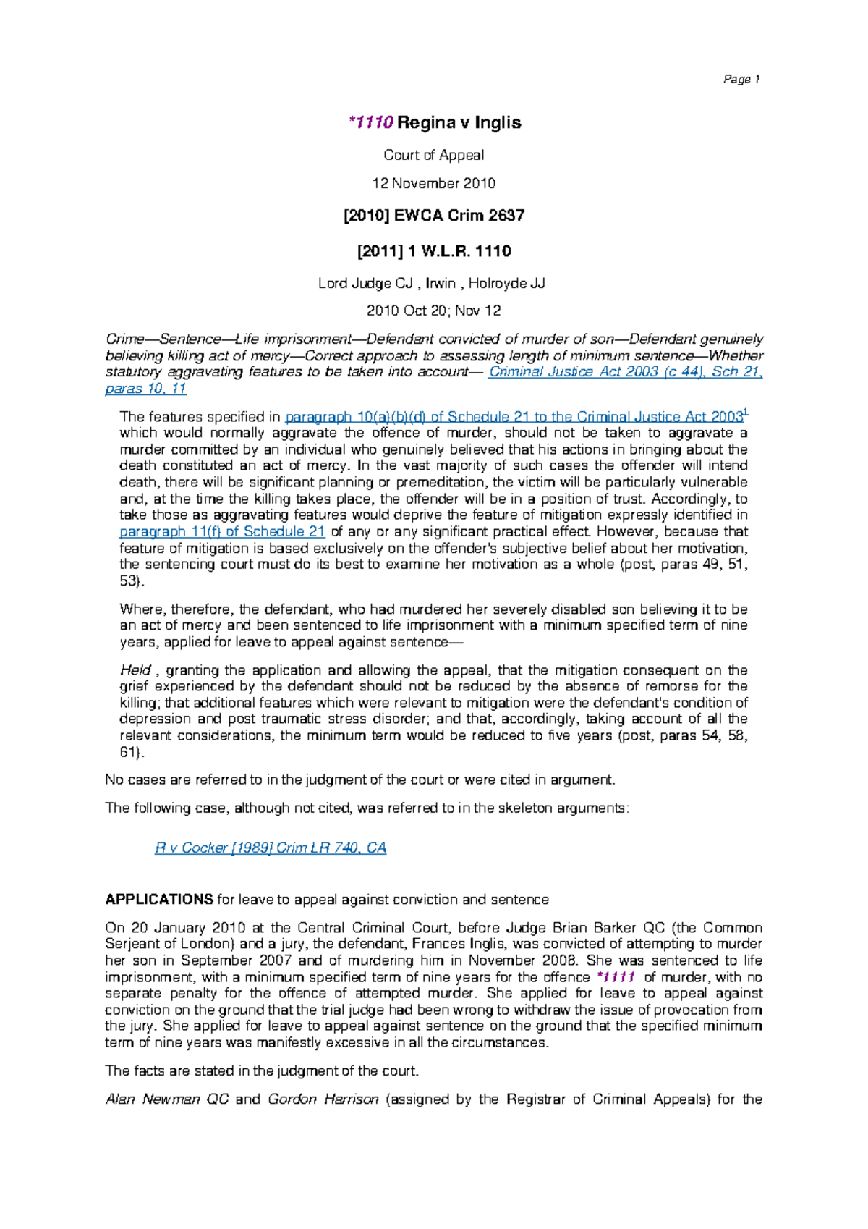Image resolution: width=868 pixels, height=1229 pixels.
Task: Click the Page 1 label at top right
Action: click(741, 80)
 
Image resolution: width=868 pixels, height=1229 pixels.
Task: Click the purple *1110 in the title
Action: click(370, 122)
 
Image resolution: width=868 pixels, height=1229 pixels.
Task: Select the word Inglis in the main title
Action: click(498, 122)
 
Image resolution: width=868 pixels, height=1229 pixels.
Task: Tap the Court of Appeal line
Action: click(433, 155)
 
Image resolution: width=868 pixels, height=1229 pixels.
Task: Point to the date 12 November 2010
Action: click(433, 183)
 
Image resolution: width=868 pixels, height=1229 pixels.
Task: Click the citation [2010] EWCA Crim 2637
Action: click(433, 215)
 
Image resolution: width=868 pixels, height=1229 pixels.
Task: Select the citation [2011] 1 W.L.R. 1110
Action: click(433, 251)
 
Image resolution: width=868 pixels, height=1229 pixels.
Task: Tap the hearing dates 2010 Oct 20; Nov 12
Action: click(433, 311)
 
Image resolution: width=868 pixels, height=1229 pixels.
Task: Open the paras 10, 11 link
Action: click(146, 389)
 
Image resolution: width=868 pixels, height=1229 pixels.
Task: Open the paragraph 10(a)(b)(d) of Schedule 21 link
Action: click(514, 417)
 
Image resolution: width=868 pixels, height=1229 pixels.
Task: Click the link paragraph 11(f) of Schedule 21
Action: click(222, 531)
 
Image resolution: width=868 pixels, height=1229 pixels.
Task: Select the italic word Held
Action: click(135, 670)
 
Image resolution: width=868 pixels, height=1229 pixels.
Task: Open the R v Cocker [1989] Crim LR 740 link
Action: click(271, 848)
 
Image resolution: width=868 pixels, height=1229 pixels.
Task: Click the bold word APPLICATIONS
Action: click(159, 900)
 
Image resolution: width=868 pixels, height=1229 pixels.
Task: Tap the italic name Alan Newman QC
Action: click(167, 1099)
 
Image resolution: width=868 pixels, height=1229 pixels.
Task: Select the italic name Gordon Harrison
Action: click(323, 1099)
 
